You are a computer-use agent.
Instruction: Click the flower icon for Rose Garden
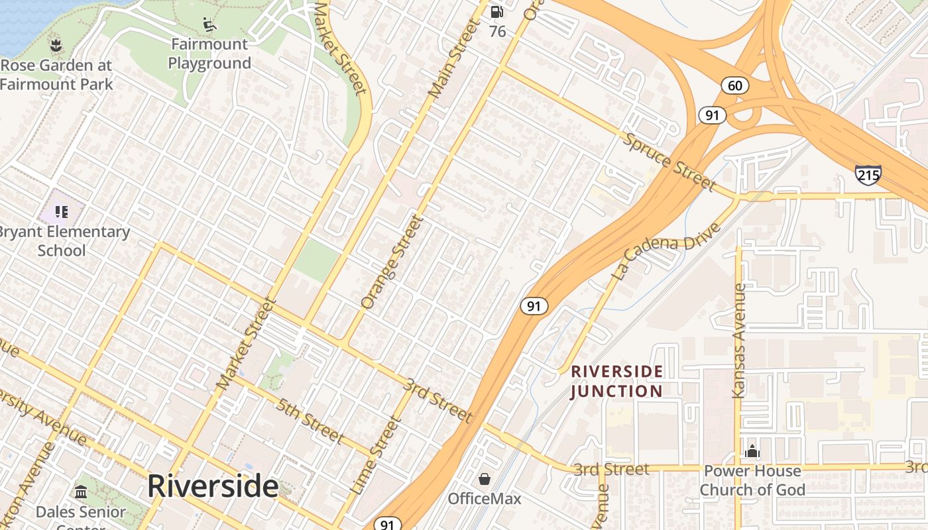(55, 45)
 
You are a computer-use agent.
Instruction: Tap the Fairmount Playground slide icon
(209, 25)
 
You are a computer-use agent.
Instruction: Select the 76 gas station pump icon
(496, 11)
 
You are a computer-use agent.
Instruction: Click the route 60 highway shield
(735, 85)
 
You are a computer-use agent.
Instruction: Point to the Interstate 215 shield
(868, 175)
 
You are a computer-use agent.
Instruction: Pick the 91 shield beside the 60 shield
(712, 115)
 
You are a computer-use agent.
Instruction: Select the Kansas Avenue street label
(739, 341)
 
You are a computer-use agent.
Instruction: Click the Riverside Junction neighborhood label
(617, 381)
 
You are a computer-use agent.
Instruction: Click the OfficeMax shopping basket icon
(485, 479)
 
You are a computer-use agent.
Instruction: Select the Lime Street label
(375, 455)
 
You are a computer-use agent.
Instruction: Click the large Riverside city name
(212, 486)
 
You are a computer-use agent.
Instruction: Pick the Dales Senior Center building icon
(81, 492)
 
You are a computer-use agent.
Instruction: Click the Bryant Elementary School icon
(62, 212)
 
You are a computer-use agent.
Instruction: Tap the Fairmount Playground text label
(209, 54)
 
